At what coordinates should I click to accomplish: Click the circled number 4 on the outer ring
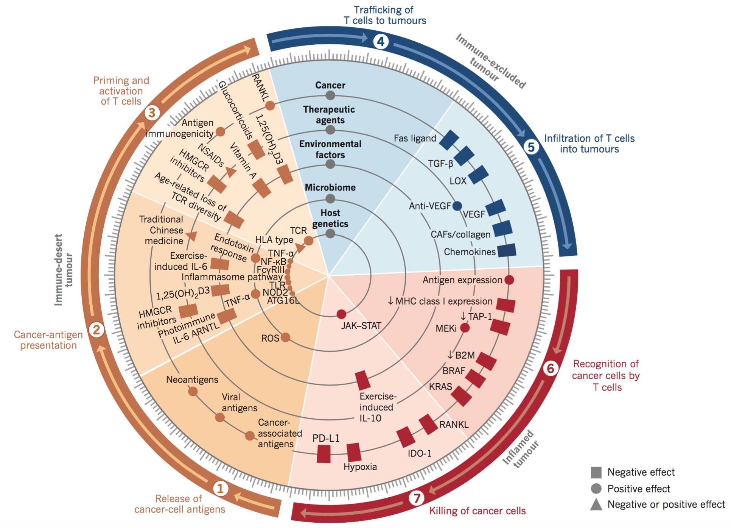[381, 41]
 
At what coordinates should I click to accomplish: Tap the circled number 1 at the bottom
[220, 488]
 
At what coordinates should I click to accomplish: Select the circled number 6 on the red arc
[551, 368]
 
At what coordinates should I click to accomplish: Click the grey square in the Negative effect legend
[596, 472]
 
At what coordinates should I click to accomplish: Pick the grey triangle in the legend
[596, 505]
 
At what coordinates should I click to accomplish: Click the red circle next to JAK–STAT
[341, 314]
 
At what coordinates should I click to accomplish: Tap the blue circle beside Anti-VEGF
[457, 206]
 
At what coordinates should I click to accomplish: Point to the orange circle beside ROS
[285, 337]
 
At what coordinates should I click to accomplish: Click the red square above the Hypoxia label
[354, 452]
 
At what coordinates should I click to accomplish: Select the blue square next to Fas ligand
[449, 140]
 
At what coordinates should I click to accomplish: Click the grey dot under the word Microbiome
[330, 198]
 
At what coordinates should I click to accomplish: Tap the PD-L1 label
[326, 438]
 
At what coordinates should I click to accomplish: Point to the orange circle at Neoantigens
[193, 391]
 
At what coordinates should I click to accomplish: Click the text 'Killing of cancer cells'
[477, 511]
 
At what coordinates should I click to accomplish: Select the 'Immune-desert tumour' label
[64, 270]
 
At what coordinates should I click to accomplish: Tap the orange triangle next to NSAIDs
[231, 172]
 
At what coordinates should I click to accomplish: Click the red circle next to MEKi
[465, 328]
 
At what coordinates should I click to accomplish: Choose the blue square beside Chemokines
[506, 251]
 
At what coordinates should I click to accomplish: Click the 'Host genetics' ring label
[330, 218]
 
